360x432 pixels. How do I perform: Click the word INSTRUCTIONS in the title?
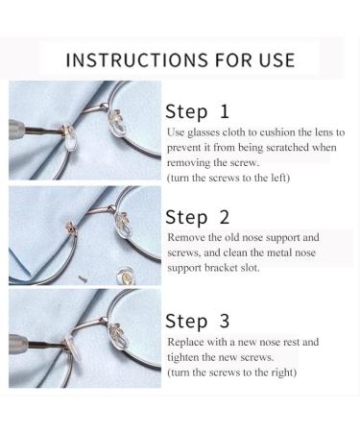(136, 60)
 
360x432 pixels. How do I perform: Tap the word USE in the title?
(277, 60)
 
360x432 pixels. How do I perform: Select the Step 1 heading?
(197, 112)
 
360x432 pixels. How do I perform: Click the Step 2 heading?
(198, 218)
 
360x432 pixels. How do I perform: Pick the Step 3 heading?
(198, 322)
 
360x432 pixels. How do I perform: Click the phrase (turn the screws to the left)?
(228, 178)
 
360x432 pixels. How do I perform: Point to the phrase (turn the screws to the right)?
(231, 372)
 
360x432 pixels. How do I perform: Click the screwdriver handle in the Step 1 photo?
(16, 128)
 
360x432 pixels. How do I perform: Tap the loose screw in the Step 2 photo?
(83, 278)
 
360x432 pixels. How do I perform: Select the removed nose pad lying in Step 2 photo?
(125, 276)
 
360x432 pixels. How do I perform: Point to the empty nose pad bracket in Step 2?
(71, 228)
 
